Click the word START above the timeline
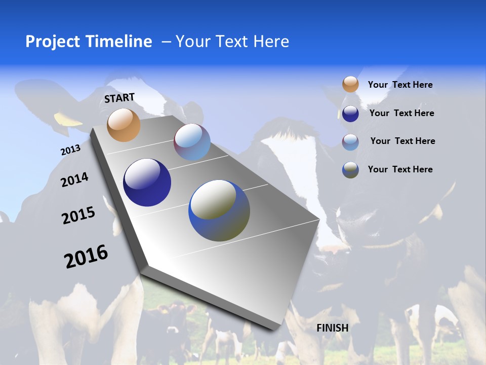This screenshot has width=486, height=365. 119,98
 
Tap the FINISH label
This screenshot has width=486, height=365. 333,328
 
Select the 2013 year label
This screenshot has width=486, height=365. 70,150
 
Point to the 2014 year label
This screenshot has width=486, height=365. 74,180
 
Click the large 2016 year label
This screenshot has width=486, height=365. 86,257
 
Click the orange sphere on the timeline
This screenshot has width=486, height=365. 124,125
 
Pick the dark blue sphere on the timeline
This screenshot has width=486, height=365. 147,182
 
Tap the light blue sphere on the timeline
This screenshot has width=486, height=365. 192,142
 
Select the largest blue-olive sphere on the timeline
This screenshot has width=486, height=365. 219,210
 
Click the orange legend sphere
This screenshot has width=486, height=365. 350,85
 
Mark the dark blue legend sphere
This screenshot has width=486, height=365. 350,114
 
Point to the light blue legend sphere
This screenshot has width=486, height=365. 350,142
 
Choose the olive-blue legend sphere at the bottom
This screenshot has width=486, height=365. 350,170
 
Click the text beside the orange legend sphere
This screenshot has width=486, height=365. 400,85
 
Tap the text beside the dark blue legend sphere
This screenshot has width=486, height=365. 401,113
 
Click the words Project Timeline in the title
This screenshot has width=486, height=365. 89,42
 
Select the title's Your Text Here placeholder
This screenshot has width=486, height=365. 232,42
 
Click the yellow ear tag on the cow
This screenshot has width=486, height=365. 67,119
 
